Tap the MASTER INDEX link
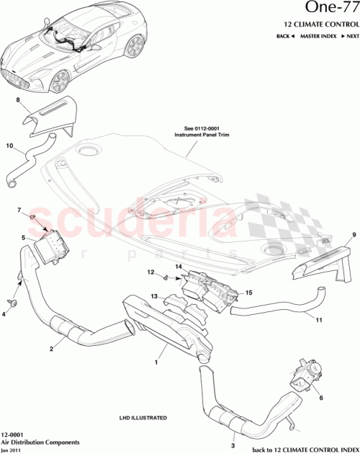coord(317,35)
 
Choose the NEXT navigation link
coord(351,35)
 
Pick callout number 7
coord(19,210)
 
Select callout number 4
coord(4,314)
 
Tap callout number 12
coord(152,272)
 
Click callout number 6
coord(320,397)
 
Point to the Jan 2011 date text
coord(12,449)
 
